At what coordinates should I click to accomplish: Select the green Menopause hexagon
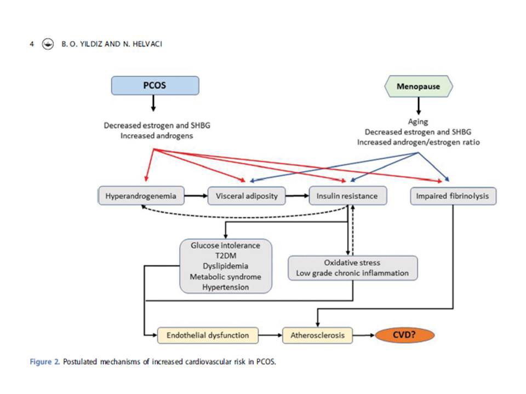pos(418,86)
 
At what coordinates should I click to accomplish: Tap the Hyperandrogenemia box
pos(141,195)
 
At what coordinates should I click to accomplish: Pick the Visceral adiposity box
pos(247,195)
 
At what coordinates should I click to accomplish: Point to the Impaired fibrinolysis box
pos(453,195)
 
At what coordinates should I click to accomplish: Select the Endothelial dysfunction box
pos(208,334)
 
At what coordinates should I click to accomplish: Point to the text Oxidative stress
pos(352,263)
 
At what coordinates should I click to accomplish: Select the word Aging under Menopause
pos(418,122)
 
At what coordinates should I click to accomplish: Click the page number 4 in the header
pos(32,44)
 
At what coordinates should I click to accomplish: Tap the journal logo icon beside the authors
pos(48,44)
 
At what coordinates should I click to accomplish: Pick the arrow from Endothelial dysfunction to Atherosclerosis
pos(270,334)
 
